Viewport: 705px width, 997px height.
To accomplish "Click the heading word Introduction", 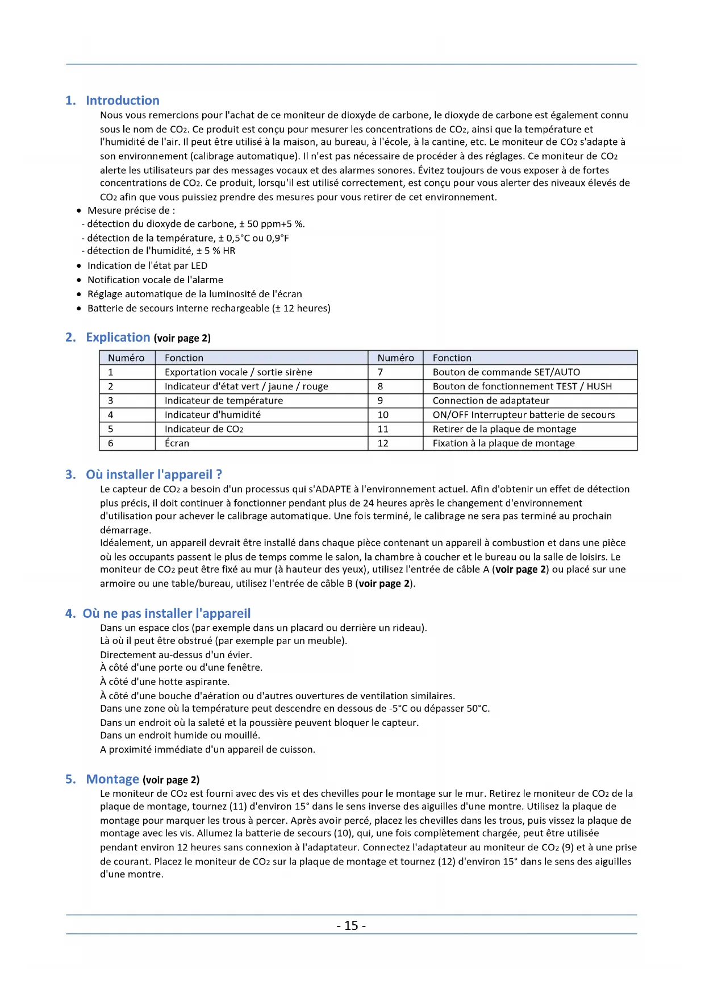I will [122, 101].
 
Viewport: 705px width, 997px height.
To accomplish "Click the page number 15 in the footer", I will [351, 925].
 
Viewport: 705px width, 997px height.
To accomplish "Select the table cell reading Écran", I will [177, 443].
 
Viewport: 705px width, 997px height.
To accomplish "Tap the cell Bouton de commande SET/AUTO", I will [506, 372].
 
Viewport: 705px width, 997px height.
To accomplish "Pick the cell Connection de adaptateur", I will [491, 401].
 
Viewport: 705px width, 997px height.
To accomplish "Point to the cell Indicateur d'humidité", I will [212, 415].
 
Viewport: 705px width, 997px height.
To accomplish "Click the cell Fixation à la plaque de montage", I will [503, 443].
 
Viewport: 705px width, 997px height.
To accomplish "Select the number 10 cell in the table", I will [383, 415].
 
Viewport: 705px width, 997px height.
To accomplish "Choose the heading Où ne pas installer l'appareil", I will [166, 613].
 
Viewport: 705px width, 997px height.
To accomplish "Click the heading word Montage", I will [112, 779].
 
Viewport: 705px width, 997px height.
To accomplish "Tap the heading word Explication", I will [118, 337].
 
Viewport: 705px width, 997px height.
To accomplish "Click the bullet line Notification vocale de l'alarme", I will [155, 280].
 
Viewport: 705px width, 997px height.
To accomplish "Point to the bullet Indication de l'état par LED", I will [147, 265].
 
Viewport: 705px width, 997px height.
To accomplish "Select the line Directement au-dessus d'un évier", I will [176, 655].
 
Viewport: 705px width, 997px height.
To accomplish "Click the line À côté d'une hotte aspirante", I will [165, 682].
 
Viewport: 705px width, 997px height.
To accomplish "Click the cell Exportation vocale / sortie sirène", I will [238, 372].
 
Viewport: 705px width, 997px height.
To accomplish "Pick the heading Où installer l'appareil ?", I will [153, 475].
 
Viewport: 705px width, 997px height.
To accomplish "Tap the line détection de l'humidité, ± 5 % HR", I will [161, 251].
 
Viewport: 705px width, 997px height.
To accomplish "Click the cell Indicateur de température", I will [223, 401].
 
